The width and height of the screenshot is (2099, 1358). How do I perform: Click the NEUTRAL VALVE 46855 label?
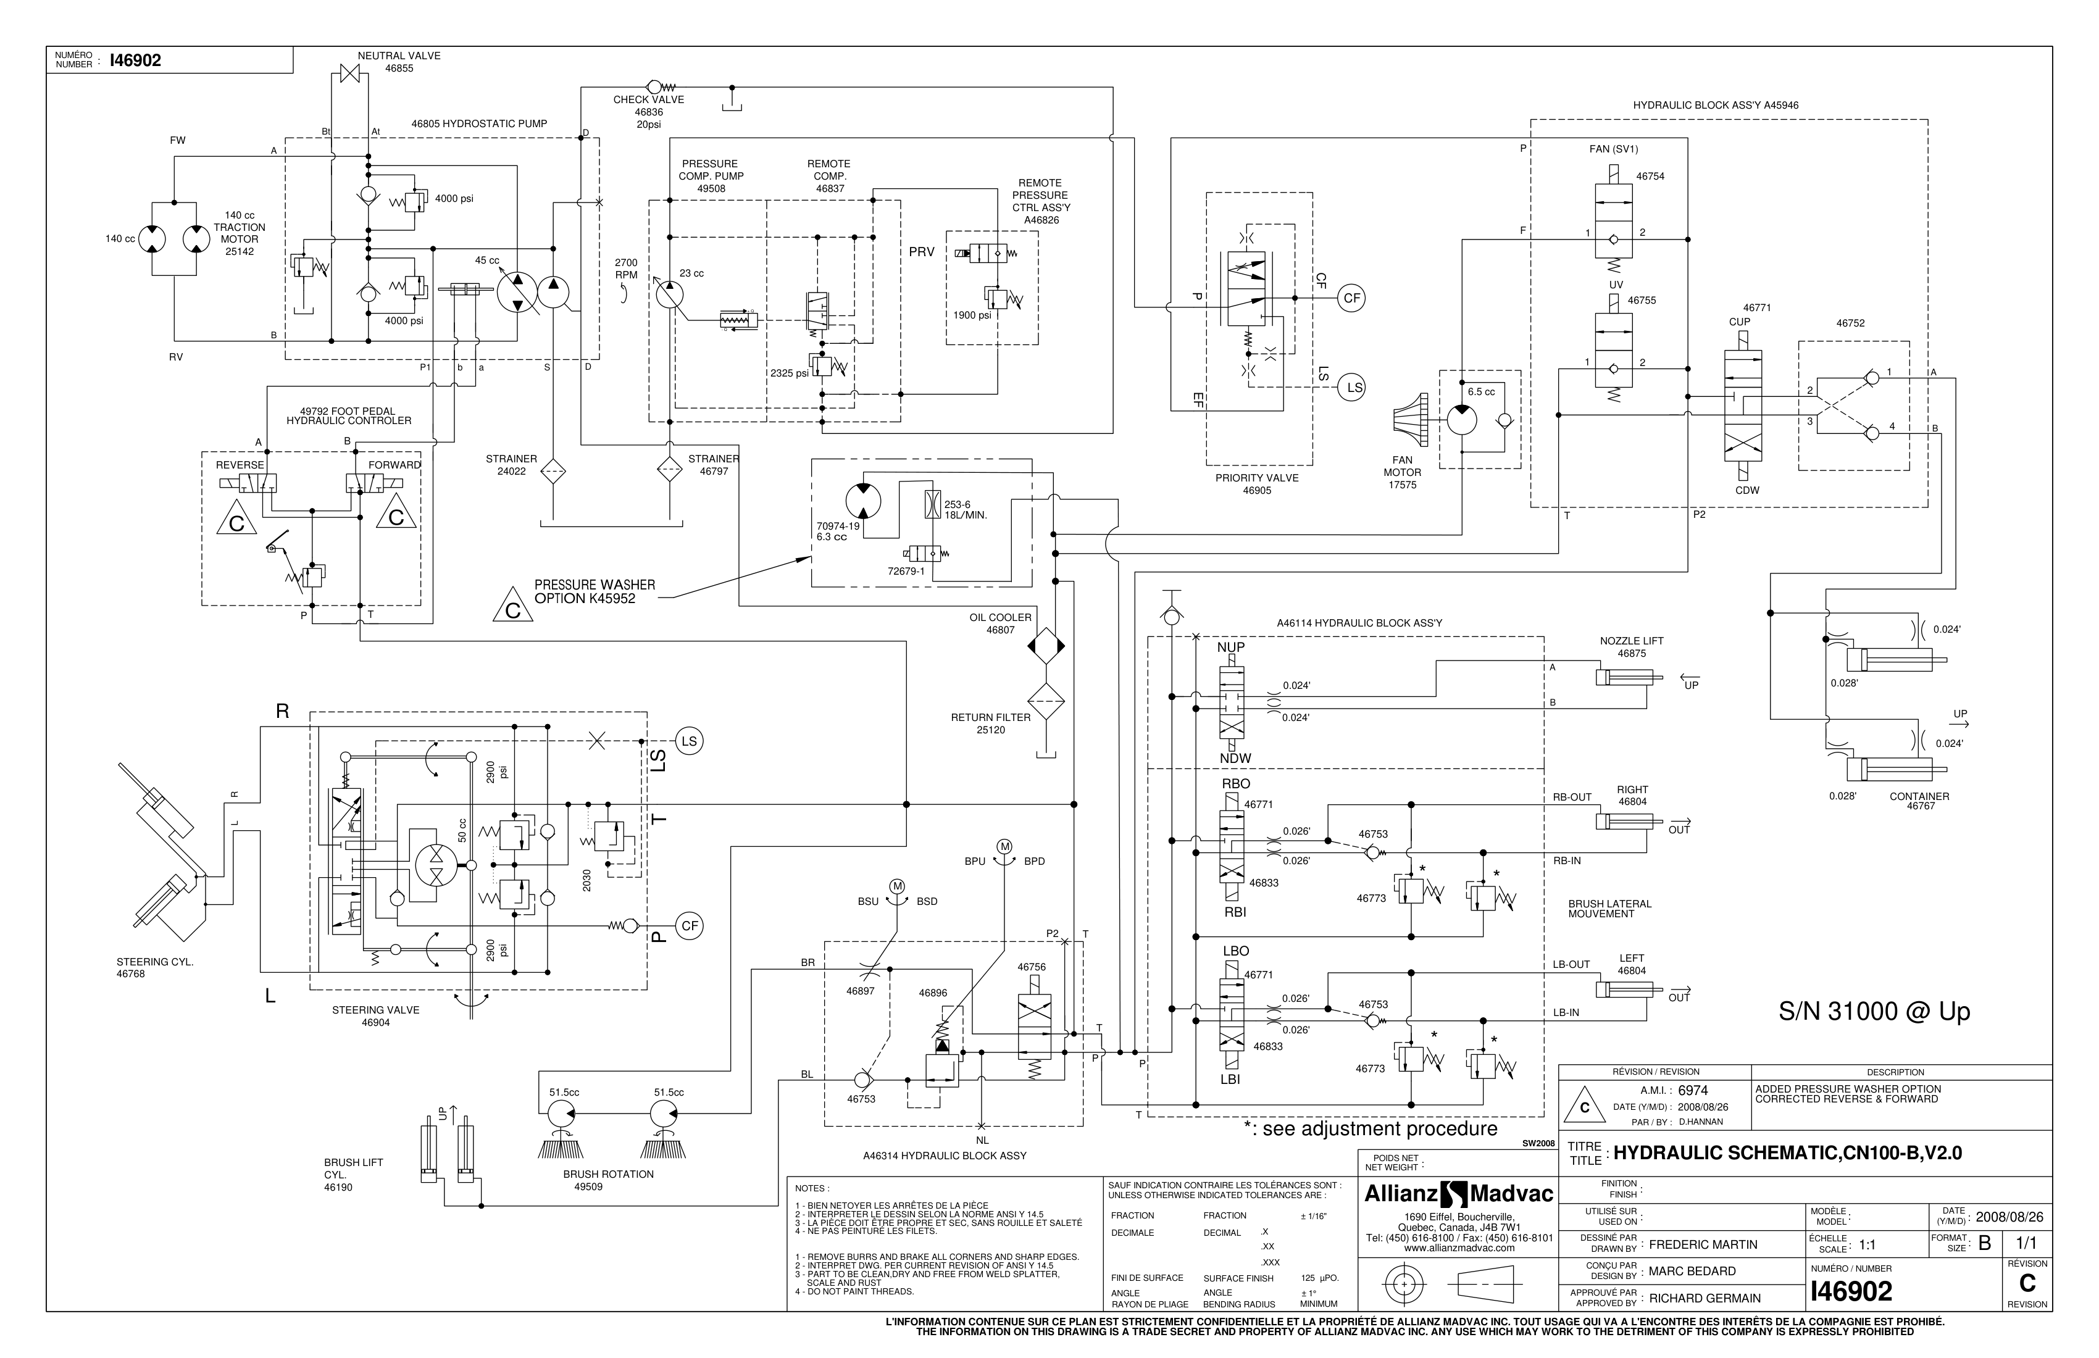[399, 62]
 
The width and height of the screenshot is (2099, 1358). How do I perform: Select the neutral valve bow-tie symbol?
[352, 73]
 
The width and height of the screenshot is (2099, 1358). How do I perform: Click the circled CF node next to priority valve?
[1351, 298]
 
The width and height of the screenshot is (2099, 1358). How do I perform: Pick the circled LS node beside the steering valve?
[689, 741]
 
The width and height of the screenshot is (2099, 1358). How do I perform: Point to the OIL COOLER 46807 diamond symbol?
[1046, 646]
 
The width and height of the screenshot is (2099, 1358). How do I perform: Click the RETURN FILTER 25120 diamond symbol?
[1046, 702]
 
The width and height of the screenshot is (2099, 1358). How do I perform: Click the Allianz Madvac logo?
[1459, 1195]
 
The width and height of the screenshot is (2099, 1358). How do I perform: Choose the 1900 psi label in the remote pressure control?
[972, 315]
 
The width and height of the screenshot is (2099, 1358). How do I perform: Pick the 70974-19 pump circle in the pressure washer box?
[862, 501]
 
